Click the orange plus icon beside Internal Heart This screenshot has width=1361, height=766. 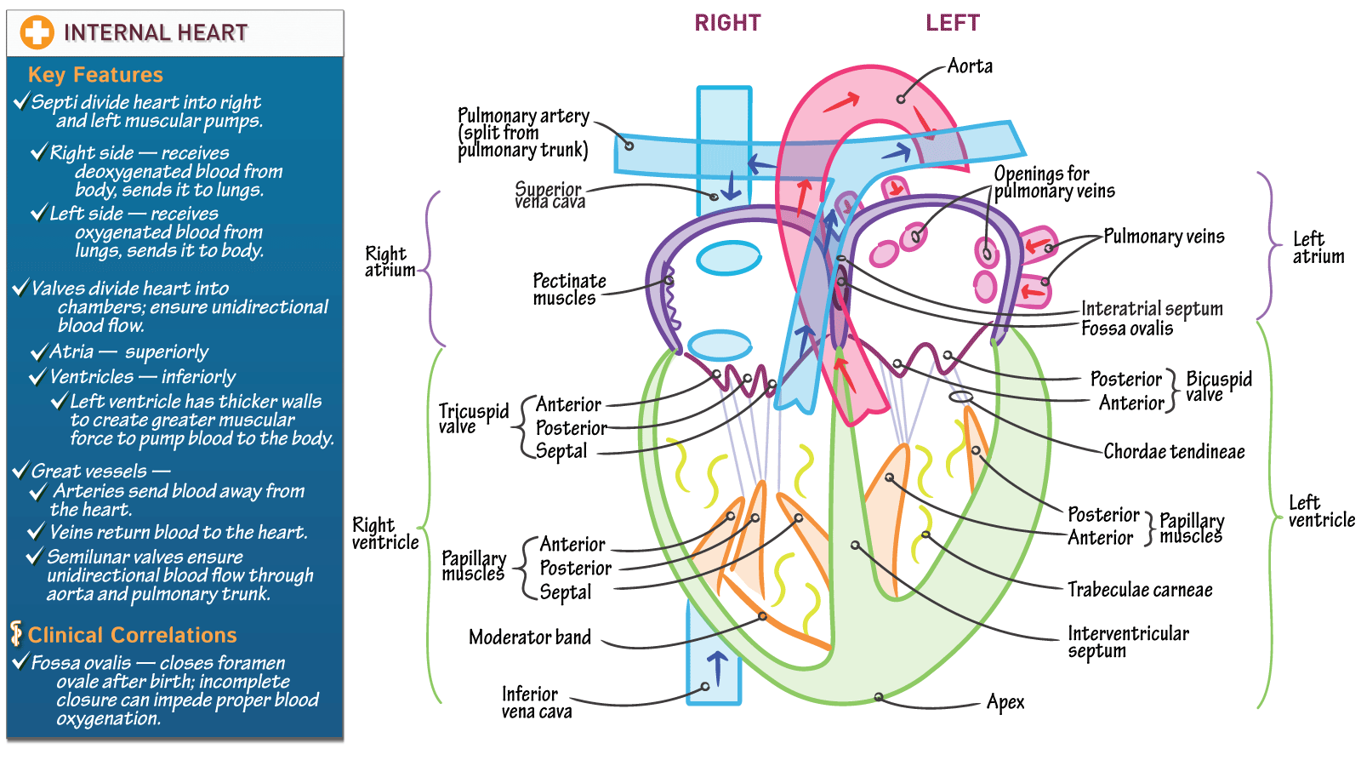[37, 32]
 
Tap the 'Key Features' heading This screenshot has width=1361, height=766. [95, 75]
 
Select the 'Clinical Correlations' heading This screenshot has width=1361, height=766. [132, 635]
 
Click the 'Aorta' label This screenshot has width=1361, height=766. [970, 66]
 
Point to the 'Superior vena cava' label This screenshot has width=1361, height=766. [550, 195]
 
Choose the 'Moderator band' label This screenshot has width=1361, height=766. [530, 637]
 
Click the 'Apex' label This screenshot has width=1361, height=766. [1005, 702]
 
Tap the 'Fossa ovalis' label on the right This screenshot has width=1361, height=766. [1127, 329]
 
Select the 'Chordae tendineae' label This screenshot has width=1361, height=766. [1174, 452]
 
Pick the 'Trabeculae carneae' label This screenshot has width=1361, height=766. [1140, 590]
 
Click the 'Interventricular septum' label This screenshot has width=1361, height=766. [1128, 642]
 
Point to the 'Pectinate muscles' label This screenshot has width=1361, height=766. [569, 289]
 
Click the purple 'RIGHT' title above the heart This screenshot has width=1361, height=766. [727, 23]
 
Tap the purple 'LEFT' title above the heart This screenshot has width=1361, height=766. [953, 23]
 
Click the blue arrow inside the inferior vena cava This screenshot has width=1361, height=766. [717, 668]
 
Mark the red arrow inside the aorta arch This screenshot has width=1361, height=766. [841, 103]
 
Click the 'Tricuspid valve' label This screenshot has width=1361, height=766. [473, 418]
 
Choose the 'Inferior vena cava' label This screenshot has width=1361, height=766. [536, 702]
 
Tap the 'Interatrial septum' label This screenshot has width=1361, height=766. [1152, 308]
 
